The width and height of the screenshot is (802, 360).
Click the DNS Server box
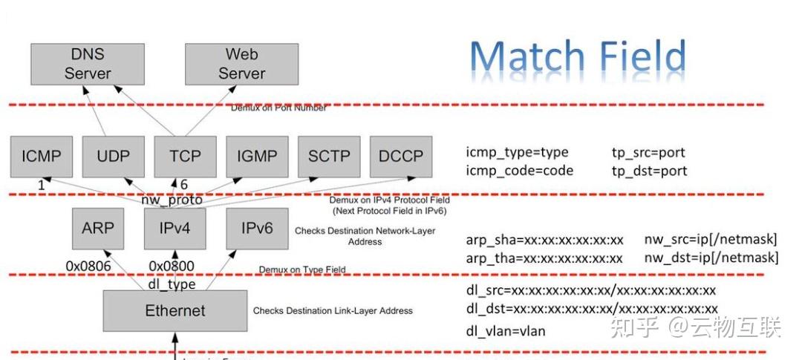point(87,64)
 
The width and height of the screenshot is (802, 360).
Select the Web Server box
point(241,64)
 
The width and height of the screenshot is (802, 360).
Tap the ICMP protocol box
point(42,157)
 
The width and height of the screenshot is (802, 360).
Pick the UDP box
point(114,157)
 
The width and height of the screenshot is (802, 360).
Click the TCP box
point(185,157)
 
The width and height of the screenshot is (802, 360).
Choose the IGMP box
point(257,157)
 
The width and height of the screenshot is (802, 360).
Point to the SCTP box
point(329,157)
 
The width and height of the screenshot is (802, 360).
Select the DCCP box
point(401,157)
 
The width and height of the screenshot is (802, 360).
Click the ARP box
point(98,228)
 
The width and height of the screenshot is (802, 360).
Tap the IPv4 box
point(175,228)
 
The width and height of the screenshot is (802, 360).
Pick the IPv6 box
point(257,228)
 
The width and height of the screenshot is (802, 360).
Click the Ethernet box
point(175,310)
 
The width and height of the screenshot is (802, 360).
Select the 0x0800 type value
point(172,266)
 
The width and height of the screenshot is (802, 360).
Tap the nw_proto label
point(172,200)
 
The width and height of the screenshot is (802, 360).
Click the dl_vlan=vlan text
point(505,331)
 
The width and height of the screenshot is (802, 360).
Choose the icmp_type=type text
point(517,153)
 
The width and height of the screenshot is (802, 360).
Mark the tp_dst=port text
point(648,171)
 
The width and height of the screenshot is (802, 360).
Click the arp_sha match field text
point(544,240)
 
